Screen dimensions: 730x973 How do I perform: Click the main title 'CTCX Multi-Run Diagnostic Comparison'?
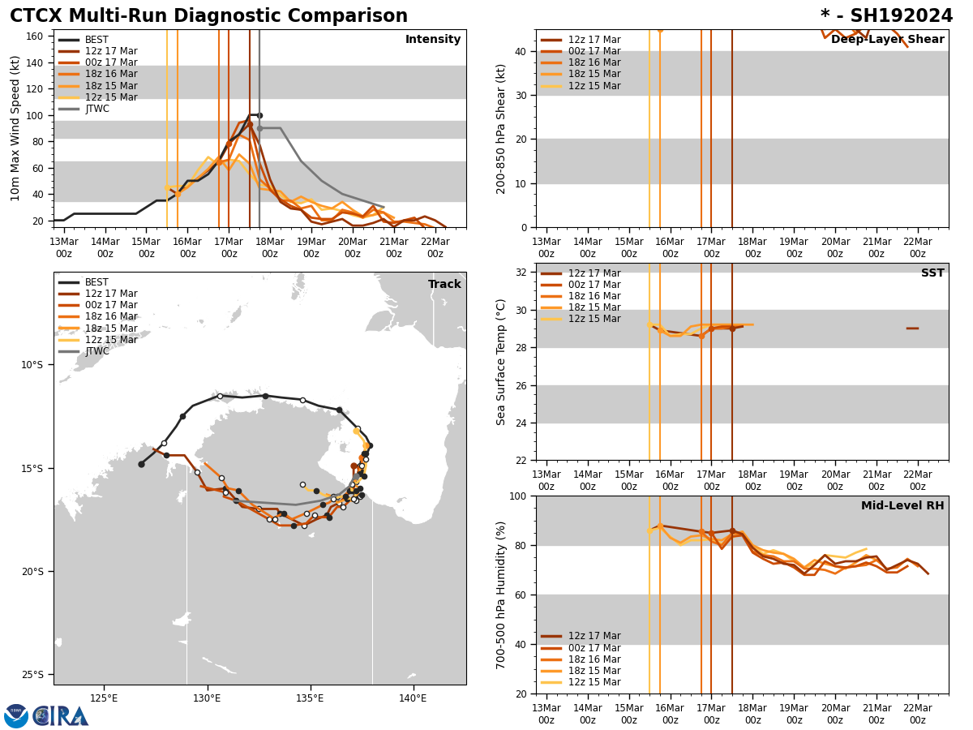coord(208,16)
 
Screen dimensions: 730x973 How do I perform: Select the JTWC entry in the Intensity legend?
coord(96,109)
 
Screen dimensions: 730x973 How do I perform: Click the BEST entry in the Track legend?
coord(96,282)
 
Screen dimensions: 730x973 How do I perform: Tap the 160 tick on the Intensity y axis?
coord(36,36)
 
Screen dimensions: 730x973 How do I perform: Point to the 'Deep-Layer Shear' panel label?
coord(887,40)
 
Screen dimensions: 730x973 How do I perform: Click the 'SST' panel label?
coord(932,273)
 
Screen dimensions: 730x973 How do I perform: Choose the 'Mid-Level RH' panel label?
coord(902,506)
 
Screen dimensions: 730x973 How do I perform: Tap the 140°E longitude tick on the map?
coord(413,698)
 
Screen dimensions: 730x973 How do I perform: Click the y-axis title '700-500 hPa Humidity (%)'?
coord(502,595)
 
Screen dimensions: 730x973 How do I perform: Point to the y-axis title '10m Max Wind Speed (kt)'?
coord(15,128)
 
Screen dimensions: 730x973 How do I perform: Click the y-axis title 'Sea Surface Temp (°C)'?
coord(502,362)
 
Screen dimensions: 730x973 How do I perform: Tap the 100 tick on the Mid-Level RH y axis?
coord(520,496)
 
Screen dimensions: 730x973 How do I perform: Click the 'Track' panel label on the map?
coord(444,285)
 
